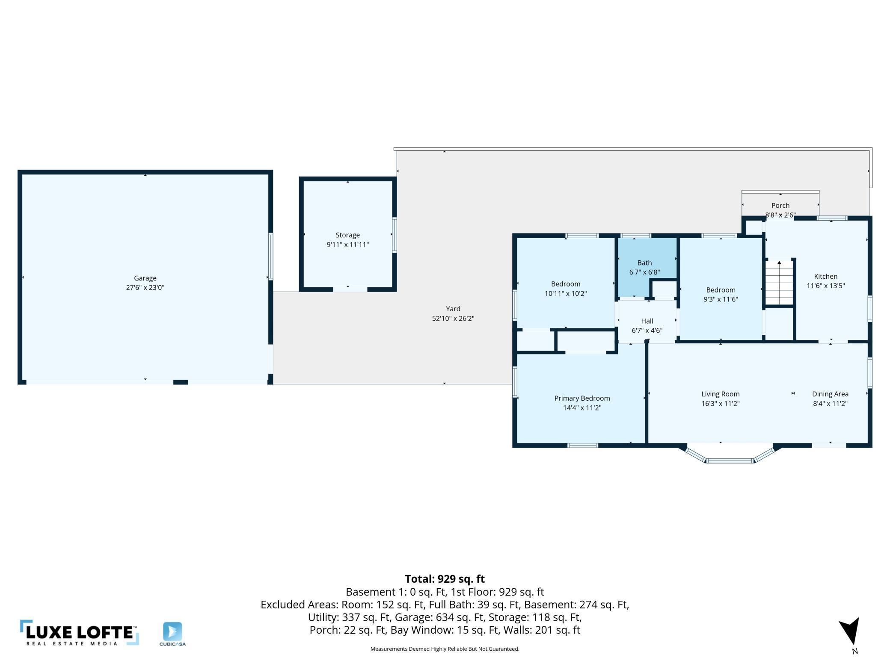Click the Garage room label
click(145, 278)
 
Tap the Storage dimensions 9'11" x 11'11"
click(347, 245)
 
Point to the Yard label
click(453, 309)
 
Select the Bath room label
click(644, 263)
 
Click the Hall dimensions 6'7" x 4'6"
click(647, 331)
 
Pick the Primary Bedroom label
click(582, 398)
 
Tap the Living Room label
click(721, 394)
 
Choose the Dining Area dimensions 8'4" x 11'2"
click(830, 404)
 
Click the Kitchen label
click(825, 277)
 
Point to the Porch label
click(780, 206)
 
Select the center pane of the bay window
click(730, 460)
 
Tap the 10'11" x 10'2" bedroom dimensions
click(566, 294)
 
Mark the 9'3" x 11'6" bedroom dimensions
click(721, 300)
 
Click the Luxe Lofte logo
click(80, 633)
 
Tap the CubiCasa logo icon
click(172, 632)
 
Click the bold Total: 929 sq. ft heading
click(445, 579)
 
